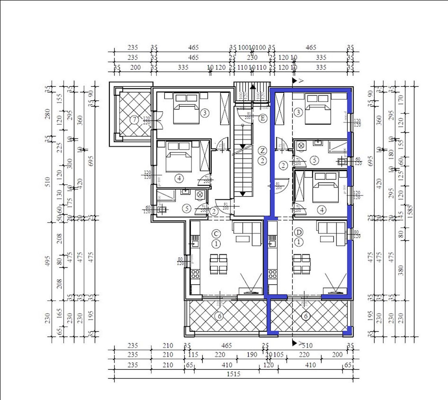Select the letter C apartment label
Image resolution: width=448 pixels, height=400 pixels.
216,234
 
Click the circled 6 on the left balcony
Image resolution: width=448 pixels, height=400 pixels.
220,316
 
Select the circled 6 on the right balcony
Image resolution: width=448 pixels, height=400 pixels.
306,316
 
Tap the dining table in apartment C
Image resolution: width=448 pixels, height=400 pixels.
218,263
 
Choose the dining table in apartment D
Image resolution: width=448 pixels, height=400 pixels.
302,263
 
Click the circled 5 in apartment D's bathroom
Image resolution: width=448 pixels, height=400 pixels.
315,161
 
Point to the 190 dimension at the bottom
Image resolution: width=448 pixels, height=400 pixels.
252,355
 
